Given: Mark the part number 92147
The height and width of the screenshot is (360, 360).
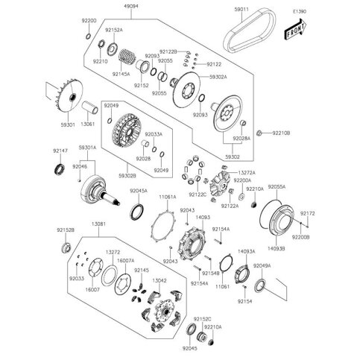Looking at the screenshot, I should [61, 151].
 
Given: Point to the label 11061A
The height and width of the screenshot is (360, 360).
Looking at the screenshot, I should [167, 197].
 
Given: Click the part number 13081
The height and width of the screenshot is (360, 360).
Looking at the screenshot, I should [99, 222].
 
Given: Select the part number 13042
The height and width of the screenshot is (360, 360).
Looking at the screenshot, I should [159, 280].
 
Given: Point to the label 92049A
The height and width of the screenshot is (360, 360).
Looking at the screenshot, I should [262, 266].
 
